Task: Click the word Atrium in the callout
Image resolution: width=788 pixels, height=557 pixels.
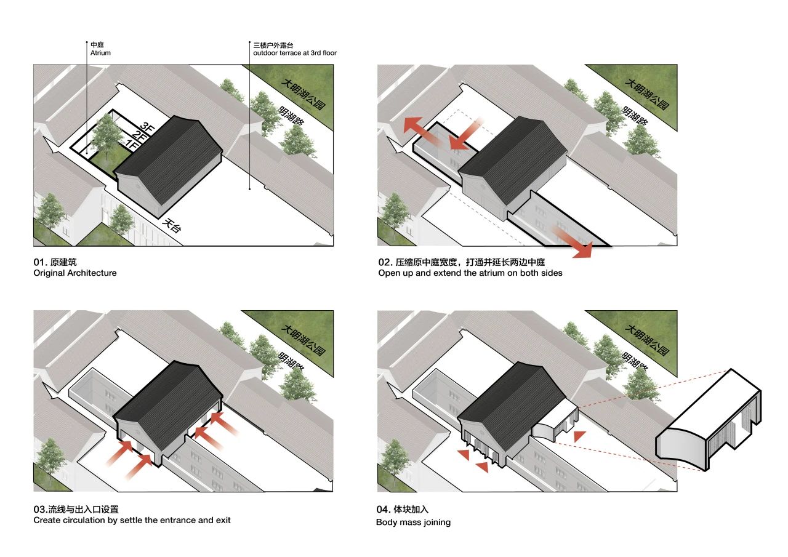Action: (x=100, y=53)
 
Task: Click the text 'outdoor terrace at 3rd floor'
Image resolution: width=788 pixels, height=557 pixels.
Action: (x=295, y=53)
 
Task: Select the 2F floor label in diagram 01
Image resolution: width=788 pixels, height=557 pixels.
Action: (x=139, y=135)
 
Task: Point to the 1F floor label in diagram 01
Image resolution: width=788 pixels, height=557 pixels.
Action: (x=131, y=143)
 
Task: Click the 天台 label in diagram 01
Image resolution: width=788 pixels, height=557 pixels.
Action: (x=172, y=225)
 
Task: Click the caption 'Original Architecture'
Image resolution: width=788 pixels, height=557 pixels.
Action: (x=75, y=273)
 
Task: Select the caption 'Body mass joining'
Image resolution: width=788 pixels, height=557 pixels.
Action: (x=413, y=522)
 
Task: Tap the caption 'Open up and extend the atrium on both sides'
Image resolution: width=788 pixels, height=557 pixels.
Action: (x=470, y=273)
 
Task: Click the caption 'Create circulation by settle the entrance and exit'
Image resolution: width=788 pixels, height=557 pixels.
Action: (x=132, y=520)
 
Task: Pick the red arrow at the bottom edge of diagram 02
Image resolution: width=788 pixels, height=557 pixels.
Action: (x=573, y=242)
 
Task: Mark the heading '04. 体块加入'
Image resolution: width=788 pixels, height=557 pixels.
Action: (x=403, y=509)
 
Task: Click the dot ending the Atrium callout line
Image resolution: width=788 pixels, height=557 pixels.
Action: (x=87, y=153)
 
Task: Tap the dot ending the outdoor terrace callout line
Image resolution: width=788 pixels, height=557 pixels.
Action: (x=250, y=189)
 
